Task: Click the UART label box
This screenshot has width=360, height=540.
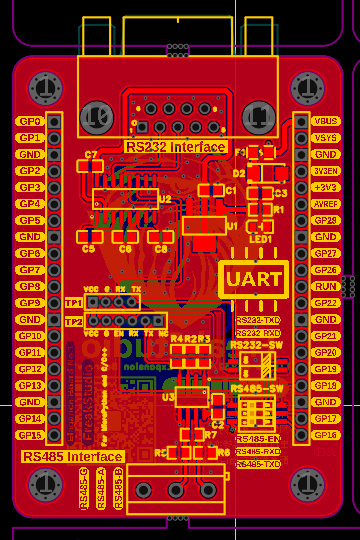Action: click(254, 279)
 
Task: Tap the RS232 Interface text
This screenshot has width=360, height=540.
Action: click(176, 146)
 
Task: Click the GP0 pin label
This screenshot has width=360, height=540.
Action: click(29, 121)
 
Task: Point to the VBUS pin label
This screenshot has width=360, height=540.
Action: click(326, 121)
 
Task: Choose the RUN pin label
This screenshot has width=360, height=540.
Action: click(326, 287)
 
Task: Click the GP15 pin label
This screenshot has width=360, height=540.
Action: click(29, 436)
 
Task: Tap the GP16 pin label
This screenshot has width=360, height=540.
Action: click(326, 436)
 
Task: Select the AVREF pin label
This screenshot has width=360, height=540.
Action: click(326, 204)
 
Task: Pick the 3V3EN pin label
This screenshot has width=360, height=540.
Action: click(326, 171)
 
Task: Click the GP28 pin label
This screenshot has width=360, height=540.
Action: click(326, 220)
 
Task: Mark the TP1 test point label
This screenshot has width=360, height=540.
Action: click(73, 302)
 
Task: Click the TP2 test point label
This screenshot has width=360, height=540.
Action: click(73, 322)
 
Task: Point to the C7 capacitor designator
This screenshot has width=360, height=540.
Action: click(92, 155)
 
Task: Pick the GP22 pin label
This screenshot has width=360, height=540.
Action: click(326, 303)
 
